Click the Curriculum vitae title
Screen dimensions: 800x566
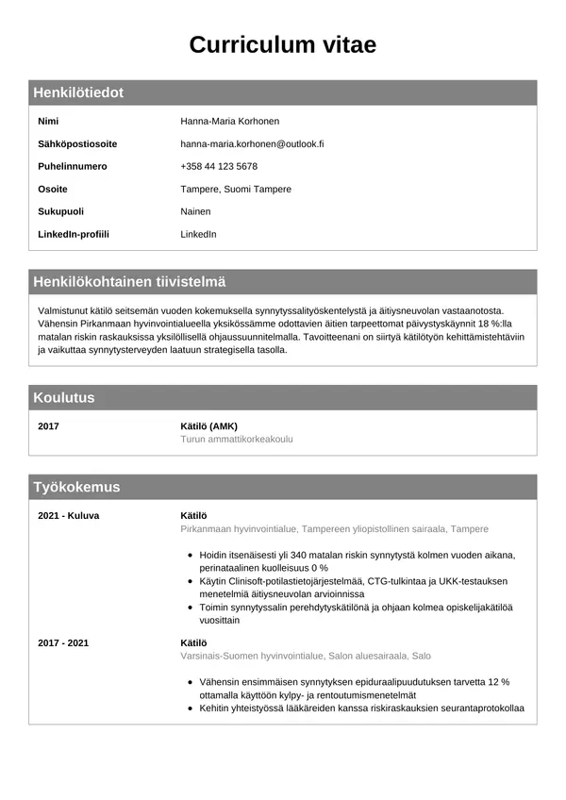283,45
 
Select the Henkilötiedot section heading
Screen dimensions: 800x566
78,92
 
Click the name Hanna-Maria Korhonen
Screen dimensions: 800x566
229,122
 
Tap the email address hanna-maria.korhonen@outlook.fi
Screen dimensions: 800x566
252,144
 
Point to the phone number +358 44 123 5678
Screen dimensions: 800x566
219,167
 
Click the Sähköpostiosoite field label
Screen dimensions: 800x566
77,144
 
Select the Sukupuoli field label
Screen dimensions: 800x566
62,211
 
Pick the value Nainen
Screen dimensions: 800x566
195,211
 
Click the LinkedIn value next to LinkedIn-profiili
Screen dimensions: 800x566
198,234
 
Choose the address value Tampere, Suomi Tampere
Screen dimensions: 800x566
236,190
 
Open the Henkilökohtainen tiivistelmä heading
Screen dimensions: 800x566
129,282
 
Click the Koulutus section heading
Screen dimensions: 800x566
63,397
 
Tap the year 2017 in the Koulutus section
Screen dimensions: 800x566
48,426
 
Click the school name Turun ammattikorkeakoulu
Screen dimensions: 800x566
243,440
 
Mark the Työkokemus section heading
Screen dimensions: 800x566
76,487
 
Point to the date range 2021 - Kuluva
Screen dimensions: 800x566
68,516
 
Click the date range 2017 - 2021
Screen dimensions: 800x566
63,642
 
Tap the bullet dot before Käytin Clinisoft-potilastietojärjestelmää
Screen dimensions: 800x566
191,583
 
